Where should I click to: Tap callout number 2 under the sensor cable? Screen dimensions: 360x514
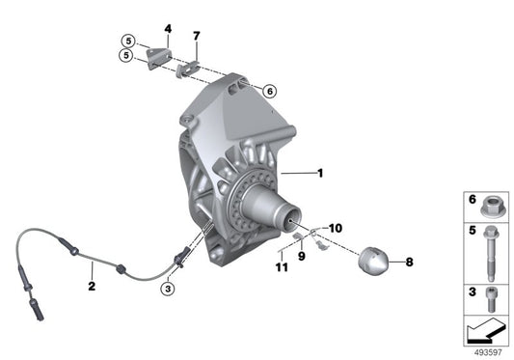(92, 286)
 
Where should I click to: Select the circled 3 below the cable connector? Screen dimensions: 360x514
(168, 287)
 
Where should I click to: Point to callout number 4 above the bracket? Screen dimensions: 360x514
(167, 30)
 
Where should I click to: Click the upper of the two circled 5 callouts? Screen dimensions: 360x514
(126, 41)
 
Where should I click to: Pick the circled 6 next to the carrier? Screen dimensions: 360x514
(270, 91)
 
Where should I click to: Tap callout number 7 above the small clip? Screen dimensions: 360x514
(196, 37)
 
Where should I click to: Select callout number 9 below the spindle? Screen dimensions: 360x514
(300, 257)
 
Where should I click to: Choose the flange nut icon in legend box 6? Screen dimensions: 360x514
(488, 205)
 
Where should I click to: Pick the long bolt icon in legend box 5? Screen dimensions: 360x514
(488, 253)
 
